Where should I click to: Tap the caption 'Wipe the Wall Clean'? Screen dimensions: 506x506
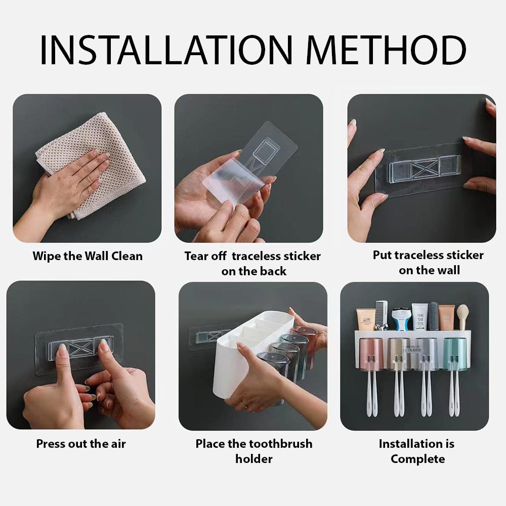[x=88, y=256]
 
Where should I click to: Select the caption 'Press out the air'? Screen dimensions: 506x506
[x=81, y=444]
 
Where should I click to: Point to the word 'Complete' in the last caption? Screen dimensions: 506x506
[x=417, y=459]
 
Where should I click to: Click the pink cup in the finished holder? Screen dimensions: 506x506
[x=371, y=354]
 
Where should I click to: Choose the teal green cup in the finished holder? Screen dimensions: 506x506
[x=454, y=354]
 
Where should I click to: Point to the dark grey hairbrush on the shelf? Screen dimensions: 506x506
[x=433, y=315]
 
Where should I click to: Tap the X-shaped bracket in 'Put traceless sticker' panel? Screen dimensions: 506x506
[x=425, y=169]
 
